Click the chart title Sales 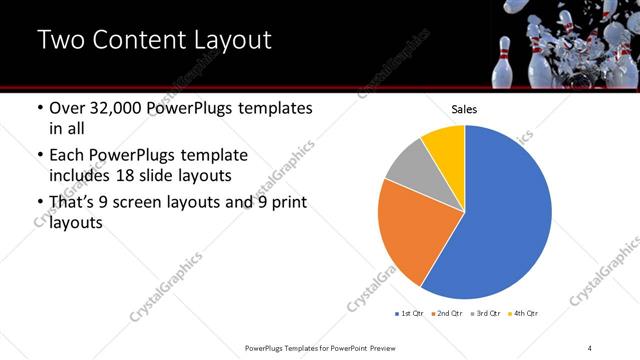click(x=464, y=109)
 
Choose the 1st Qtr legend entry click(x=411, y=313)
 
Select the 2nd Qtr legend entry click(x=449, y=313)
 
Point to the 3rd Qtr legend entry click(x=487, y=313)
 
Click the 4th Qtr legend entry click(x=524, y=313)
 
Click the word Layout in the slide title click(x=226, y=41)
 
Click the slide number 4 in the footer click(x=590, y=347)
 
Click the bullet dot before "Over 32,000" click(x=39, y=109)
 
